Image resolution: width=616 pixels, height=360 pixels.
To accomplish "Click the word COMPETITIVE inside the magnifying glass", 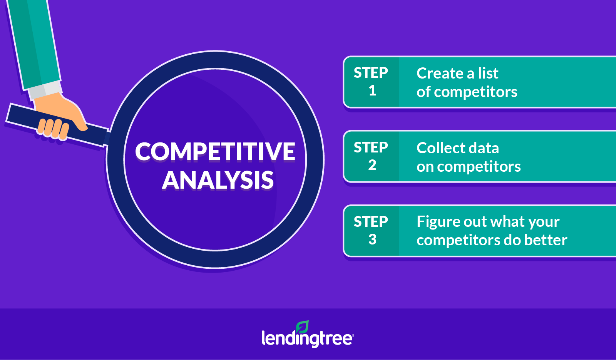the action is click(215, 152).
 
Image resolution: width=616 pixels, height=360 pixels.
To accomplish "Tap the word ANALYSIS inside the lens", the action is click(218, 180).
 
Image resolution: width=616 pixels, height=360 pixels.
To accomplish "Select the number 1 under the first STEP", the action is click(372, 90).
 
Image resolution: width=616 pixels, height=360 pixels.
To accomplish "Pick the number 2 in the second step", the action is click(372, 165).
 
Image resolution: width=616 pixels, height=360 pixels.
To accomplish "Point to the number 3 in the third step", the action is click(372, 239).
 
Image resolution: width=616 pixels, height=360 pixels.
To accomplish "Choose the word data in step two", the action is click(484, 148).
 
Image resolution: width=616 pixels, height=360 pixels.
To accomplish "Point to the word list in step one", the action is click(488, 73).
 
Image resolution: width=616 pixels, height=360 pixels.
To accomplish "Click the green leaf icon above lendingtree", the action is click(302, 327).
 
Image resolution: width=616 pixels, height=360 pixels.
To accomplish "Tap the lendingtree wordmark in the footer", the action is click(308, 338).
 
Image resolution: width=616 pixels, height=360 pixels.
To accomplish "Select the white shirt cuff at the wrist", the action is click(46, 90).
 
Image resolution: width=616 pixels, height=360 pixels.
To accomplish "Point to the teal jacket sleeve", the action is click(33, 44).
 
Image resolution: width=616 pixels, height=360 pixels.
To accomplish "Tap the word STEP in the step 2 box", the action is click(371, 147).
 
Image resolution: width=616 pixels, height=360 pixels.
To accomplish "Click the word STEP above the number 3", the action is click(371, 222).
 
